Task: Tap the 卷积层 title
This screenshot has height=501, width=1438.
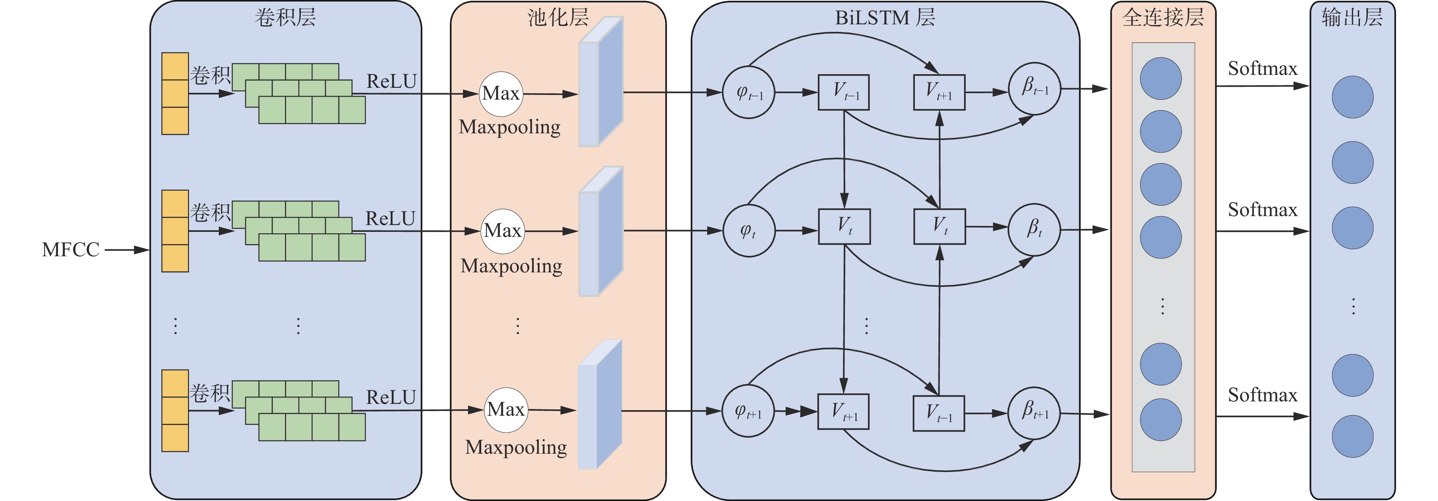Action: pos(285,17)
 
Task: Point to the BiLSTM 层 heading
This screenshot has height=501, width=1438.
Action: pos(885,17)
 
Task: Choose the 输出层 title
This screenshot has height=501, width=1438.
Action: pos(1352,17)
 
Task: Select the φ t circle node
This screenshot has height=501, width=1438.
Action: pos(749,230)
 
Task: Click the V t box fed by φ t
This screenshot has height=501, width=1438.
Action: pos(844,226)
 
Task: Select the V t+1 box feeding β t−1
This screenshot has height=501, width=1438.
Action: pos(939,92)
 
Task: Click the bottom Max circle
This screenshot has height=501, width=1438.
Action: pos(505,409)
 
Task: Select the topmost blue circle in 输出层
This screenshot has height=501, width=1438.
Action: pos(1352,97)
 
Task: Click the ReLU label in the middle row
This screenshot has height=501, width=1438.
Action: pos(390,218)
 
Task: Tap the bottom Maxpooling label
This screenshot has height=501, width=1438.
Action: pos(516,447)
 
